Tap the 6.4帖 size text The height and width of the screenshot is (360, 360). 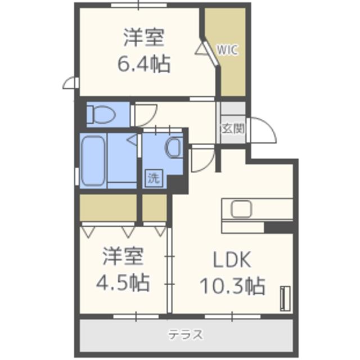click(143, 64)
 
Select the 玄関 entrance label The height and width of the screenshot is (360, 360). click(232, 128)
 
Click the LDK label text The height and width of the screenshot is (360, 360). click(231, 260)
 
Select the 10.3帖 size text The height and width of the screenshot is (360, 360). click(232, 286)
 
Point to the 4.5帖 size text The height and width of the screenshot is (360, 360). click(125, 282)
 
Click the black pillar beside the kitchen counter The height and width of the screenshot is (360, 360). click(278, 227)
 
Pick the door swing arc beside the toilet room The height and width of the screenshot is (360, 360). click(144, 115)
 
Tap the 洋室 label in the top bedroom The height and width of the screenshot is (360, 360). click(143, 38)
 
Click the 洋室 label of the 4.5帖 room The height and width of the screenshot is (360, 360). click(123, 256)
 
